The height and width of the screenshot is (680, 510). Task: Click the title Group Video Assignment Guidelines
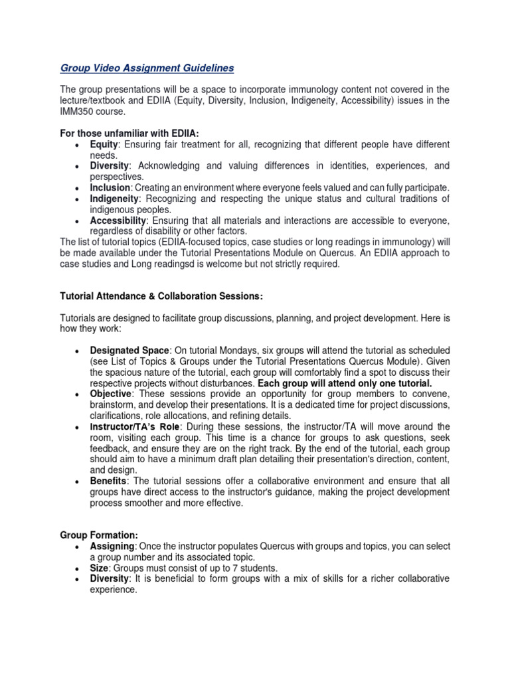tap(147, 68)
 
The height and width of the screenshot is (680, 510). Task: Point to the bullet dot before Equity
tap(78, 145)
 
